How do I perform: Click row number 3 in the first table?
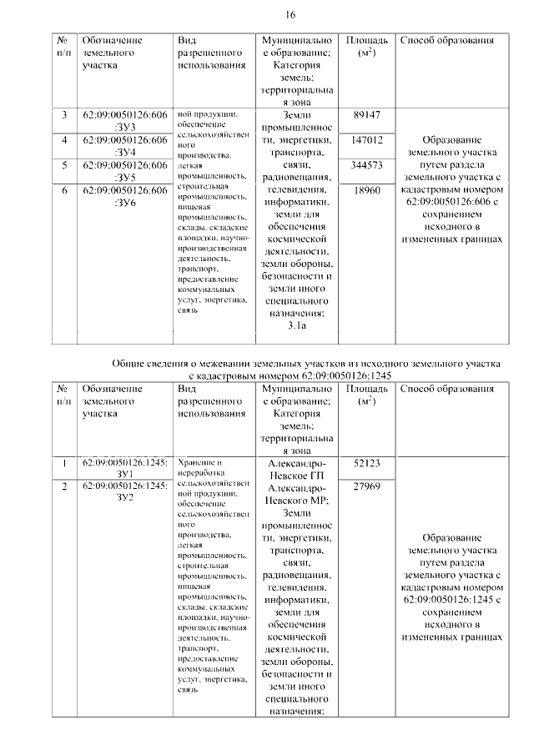tap(64, 114)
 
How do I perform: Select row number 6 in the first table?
tap(64, 190)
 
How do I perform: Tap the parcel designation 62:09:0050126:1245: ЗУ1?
tap(124, 468)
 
